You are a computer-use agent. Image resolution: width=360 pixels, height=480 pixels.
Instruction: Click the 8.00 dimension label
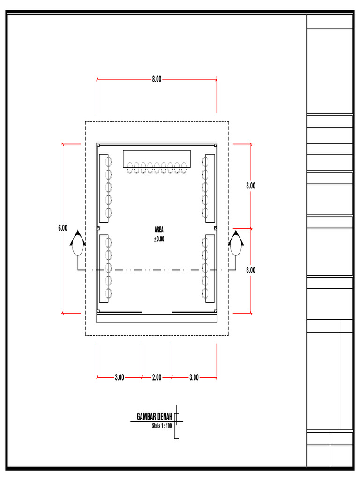[157, 79]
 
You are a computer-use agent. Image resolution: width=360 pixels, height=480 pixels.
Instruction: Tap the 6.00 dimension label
[63, 228]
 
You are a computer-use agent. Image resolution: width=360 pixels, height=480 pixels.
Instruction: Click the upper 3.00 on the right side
[251, 186]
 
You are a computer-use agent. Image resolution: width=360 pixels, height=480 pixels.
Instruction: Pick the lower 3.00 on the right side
[251, 270]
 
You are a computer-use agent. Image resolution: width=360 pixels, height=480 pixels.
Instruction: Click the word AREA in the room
[159, 230]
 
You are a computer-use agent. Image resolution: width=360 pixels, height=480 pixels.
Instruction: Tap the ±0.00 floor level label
[159, 239]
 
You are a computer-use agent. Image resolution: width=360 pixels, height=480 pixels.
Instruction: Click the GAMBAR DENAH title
[154, 417]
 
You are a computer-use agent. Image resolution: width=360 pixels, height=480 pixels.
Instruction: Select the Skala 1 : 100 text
[162, 426]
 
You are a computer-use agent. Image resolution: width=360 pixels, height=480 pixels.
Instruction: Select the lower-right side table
[210, 268]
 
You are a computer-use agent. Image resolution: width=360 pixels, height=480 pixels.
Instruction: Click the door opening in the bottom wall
[157, 312]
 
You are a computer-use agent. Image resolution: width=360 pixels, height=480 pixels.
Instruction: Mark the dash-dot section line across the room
[157, 270]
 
